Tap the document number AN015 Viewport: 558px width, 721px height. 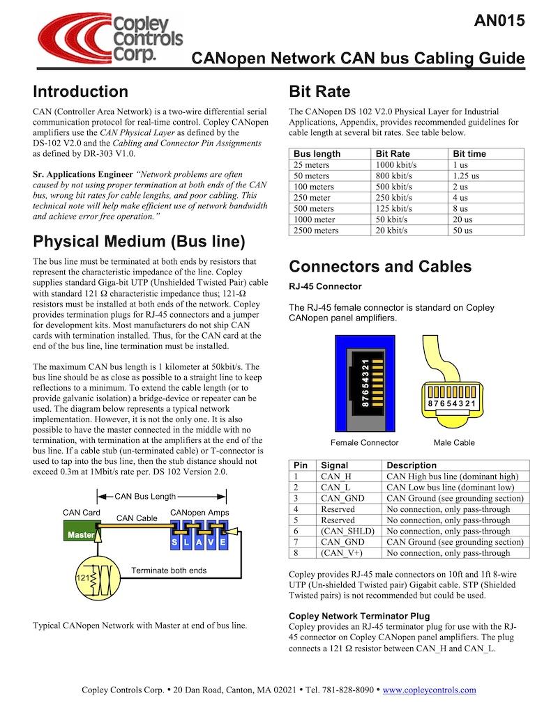point(499,21)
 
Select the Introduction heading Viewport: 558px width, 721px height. point(80,92)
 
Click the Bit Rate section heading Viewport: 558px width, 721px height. point(319,92)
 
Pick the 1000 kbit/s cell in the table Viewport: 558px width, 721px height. point(395,164)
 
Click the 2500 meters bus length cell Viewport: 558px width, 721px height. point(316,231)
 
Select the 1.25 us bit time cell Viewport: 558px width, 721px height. point(466,176)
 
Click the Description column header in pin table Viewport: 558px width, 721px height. point(412,465)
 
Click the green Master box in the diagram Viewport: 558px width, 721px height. point(80,535)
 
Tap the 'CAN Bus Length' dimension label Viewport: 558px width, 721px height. point(145,496)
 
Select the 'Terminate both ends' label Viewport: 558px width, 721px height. point(169,570)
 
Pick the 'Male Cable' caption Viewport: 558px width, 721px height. point(454,442)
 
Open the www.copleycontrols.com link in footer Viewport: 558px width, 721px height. point(430,690)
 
